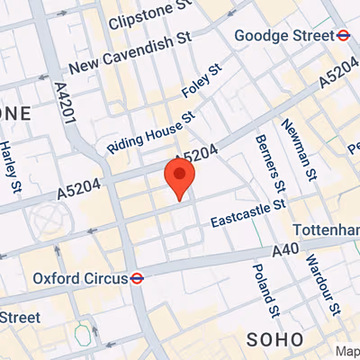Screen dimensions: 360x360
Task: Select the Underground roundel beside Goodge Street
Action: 343,36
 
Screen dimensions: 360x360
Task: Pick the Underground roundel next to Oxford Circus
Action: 136,278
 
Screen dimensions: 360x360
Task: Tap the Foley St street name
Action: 201,83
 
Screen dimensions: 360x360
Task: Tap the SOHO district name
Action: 274,340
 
